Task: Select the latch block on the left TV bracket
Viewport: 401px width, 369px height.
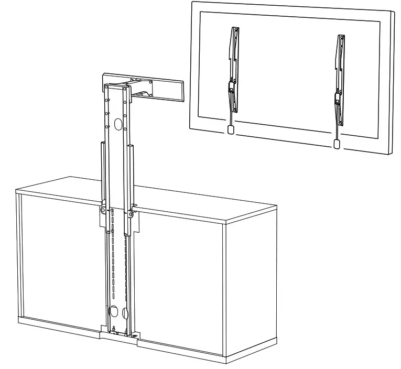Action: pos(230,87)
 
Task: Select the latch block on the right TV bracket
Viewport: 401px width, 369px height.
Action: pos(338,97)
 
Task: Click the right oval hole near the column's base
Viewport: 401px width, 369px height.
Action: pos(124,312)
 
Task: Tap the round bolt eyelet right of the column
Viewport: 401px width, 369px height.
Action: pos(130,214)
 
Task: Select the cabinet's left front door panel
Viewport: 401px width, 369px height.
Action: pos(58,262)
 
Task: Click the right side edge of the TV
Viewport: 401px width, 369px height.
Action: pos(391,84)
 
